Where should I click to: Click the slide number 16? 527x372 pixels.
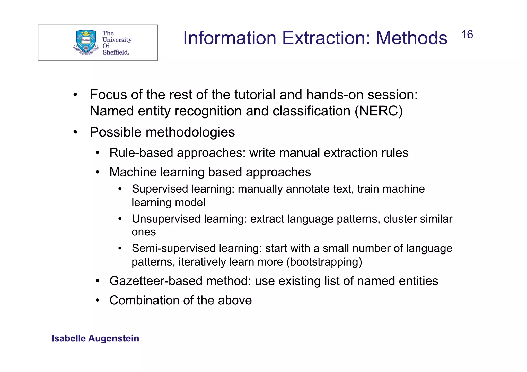[467, 34]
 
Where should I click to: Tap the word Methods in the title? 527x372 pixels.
[411, 38]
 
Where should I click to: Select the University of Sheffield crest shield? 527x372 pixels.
[86, 41]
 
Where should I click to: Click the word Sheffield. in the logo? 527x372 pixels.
[116, 52]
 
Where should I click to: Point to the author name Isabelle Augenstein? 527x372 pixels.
[95, 338]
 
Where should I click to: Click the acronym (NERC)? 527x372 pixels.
[379, 111]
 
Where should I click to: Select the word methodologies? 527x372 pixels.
[190, 132]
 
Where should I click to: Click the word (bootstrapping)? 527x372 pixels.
[324, 262]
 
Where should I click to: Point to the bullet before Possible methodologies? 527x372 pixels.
[75, 132]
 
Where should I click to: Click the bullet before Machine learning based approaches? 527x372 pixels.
[97, 172]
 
